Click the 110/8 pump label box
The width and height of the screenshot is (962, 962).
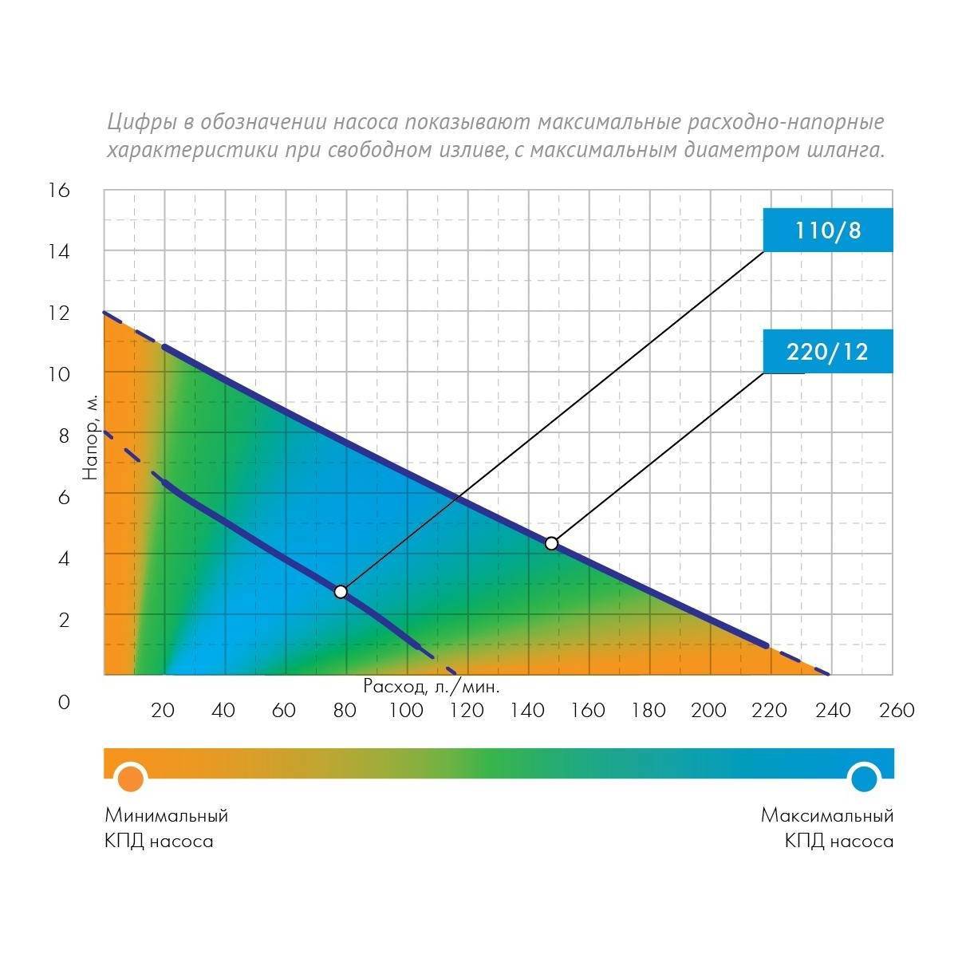(827, 231)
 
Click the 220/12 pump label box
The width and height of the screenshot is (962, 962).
(827, 352)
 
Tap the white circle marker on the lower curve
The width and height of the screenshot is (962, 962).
(341, 592)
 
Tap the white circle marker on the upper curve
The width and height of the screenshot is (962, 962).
(551, 543)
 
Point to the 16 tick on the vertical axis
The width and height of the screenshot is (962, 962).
(60, 190)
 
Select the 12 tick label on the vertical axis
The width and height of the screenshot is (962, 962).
(60, 313)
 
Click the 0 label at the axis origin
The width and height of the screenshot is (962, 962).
(64, 703)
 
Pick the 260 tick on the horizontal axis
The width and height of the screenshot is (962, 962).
(897, 710)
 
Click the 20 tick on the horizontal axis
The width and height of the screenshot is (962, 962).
(163, 710)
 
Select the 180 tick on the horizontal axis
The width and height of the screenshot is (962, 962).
(648, 710)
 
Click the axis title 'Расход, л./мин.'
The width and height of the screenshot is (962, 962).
(432, 686)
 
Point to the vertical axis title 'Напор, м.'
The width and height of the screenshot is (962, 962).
(91, 436)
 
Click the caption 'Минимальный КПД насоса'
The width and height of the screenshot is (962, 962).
(166, 828)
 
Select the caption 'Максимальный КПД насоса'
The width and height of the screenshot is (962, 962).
(826, 828)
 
